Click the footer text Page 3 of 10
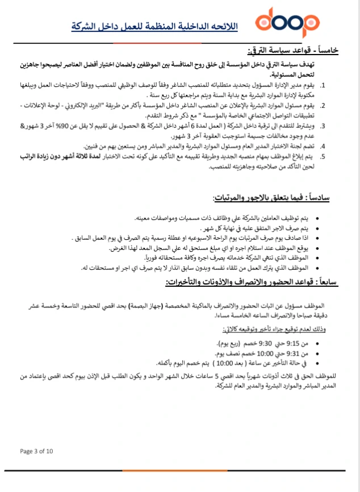(x=37, y=452)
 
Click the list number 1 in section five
(x=323, y=86)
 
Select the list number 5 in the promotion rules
(x=323, y=156)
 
